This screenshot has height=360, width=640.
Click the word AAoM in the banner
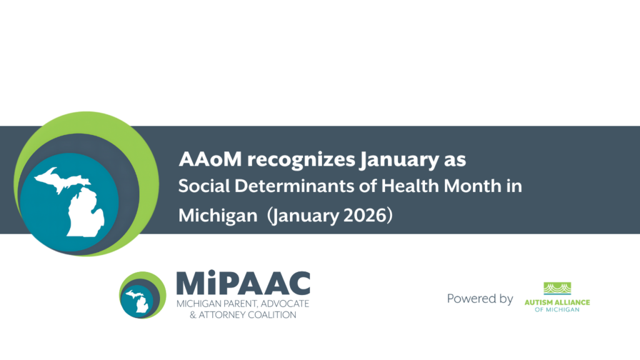pyautogui.click(x=210, y=159)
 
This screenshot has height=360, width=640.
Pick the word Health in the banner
pyautogui.click(x=410, y=186)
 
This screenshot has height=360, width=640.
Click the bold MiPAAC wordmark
pyautogui.click(x=243, y=283)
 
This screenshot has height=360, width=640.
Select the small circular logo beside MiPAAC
pyautogui.click(x=142, y=295)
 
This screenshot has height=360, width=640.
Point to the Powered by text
pyautogui.click(x=480, y=299)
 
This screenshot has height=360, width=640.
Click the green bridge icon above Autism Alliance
pyautogui.click(x=557, y=288)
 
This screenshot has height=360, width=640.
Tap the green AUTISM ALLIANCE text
pyautogui.click(x=557, y=302)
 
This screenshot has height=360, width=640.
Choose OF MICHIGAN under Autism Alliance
pyautogui.click(x=557, y=310)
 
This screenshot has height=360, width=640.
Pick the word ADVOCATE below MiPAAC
pyautogui.click(x=285, y=304)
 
